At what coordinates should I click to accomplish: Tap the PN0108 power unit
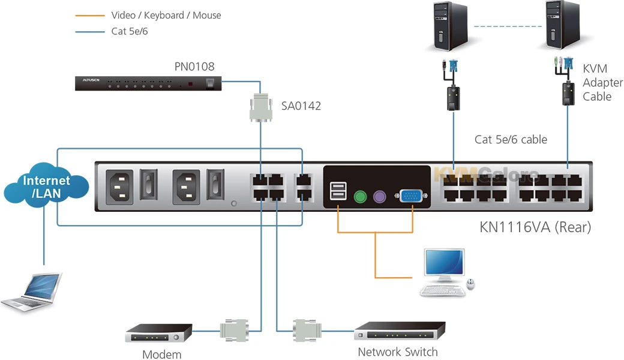click(x=148, y=83)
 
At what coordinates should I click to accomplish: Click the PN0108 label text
click(x=194, y=67)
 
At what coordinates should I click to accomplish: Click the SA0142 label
click(x=301, y=106)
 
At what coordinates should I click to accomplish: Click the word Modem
click(x=161, y=354)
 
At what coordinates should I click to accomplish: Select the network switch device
click(x=400, y=331)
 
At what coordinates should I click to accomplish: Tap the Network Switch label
click(x=397, y=352)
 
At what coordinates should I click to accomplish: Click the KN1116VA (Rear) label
click(x=535, y=227)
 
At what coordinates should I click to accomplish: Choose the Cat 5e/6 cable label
click(x=511, y=140)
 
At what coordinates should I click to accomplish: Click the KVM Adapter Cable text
click(x=602, y=83)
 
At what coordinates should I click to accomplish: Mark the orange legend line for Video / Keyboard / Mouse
click(x=90, y=15)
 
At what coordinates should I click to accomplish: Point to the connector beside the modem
click(x=234, y=329)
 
